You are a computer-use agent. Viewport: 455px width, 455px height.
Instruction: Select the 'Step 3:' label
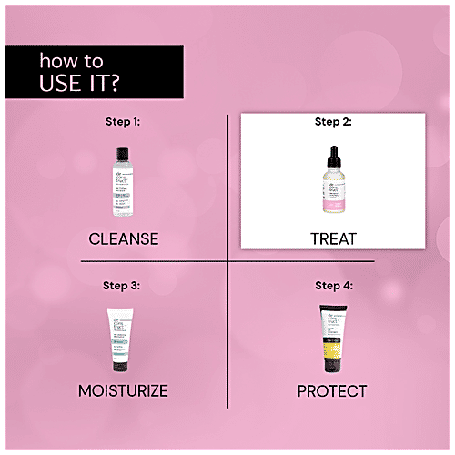(x=124, y=285)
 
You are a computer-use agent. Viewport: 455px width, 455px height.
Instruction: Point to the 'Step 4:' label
(x=332, y=285)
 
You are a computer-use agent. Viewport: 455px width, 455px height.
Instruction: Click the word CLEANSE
(x=124, y=238)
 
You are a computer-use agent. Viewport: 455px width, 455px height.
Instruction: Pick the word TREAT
(x=332, y=238)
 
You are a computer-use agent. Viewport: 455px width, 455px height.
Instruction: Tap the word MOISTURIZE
(x=124, y=391)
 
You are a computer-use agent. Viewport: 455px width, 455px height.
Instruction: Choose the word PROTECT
(x=332, y=391)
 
